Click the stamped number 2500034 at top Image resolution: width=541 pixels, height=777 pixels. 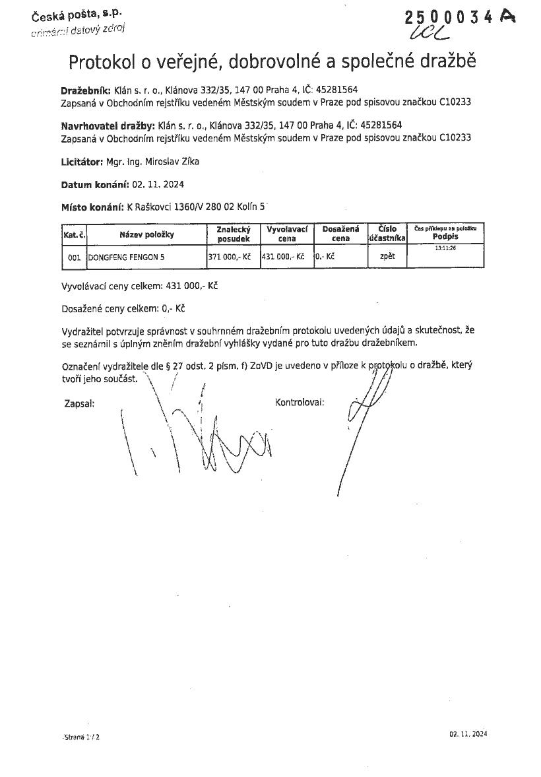[x=449, y=18]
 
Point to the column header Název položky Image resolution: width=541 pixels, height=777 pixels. [x=146, y=234]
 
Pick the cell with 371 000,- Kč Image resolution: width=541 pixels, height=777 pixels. [x=230, y=256]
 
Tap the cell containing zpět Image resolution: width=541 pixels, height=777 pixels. [x=387, y=256]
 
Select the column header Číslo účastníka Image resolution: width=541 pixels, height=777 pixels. [x=387, y=234]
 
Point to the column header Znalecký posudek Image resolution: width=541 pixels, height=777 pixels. [x=233, y=234]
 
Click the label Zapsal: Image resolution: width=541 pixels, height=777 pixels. [x=79, y=402]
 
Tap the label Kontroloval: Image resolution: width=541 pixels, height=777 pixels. [x=299, y=402]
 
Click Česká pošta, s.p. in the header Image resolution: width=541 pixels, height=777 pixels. [x=72, y=14]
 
